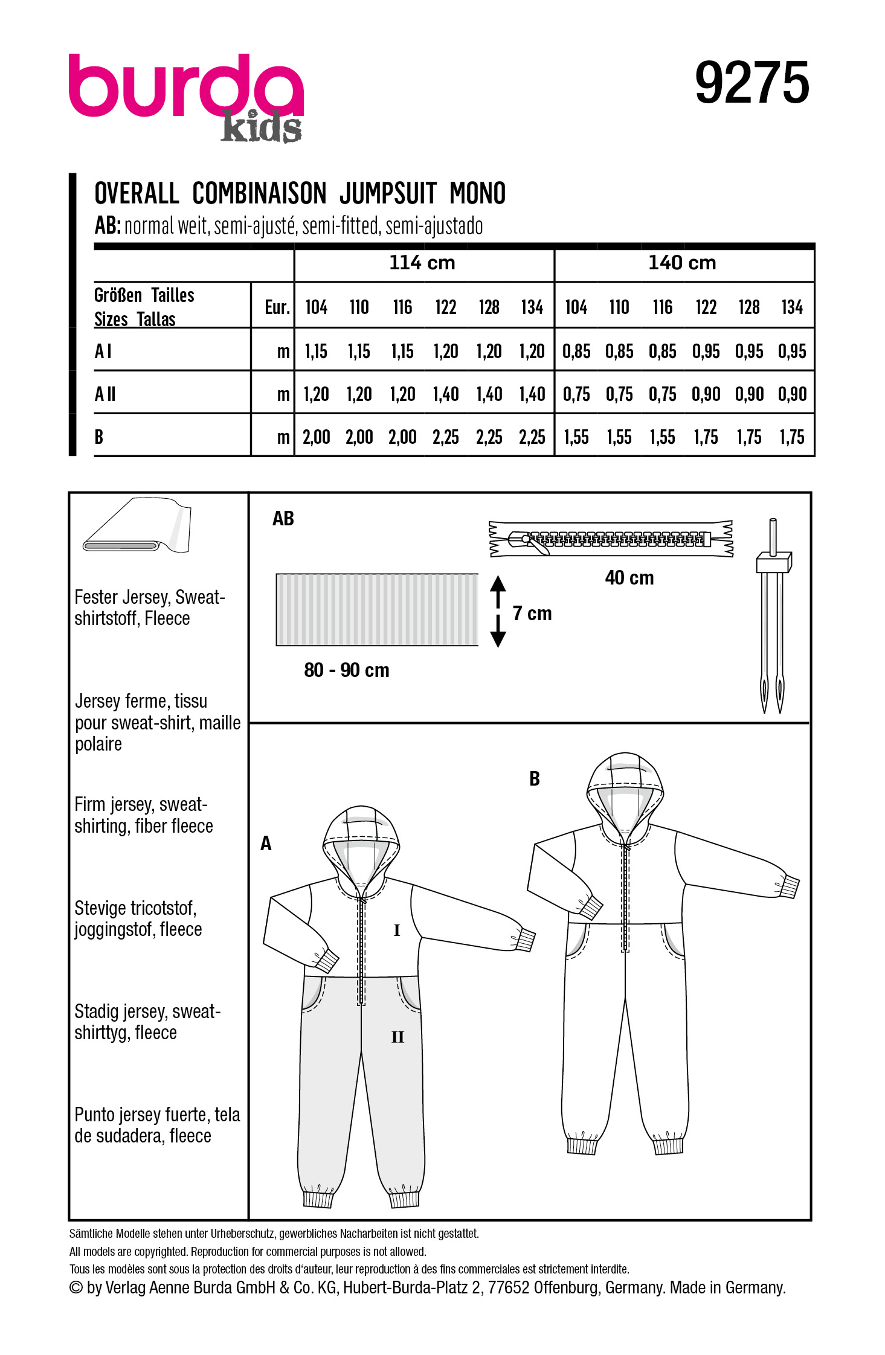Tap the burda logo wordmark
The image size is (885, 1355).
coord(185,88)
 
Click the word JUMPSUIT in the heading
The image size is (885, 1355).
coord(388,194)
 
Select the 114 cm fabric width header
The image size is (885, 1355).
coord(422,263)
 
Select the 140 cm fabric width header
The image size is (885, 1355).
coord(682,263)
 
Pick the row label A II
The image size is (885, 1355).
coord(105,394)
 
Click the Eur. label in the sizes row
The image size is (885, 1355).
coord(277,307)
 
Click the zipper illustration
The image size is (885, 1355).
coord(611,538)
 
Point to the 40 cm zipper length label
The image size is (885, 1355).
coord(629,578)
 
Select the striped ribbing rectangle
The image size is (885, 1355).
coord(377,609)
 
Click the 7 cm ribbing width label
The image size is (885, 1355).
coord(532,613)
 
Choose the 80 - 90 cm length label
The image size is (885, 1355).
coord(347,670)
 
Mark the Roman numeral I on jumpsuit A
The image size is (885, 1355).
coord(397,931)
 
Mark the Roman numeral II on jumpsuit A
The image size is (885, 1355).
coord(397,1037)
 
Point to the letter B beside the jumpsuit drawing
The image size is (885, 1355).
coord(535,779)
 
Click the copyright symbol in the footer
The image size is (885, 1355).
coord(76,1287)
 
